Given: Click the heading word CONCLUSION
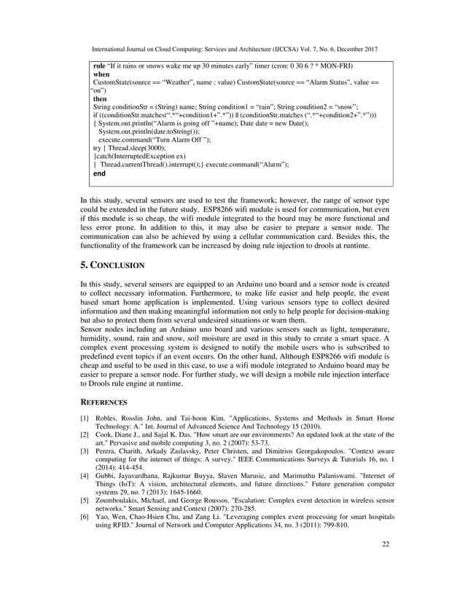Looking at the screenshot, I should coord(118,265).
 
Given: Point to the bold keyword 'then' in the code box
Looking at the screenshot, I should coord(100,99).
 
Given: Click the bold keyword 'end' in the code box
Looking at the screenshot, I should coord(99,174).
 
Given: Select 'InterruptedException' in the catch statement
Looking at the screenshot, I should coord(150,156).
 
